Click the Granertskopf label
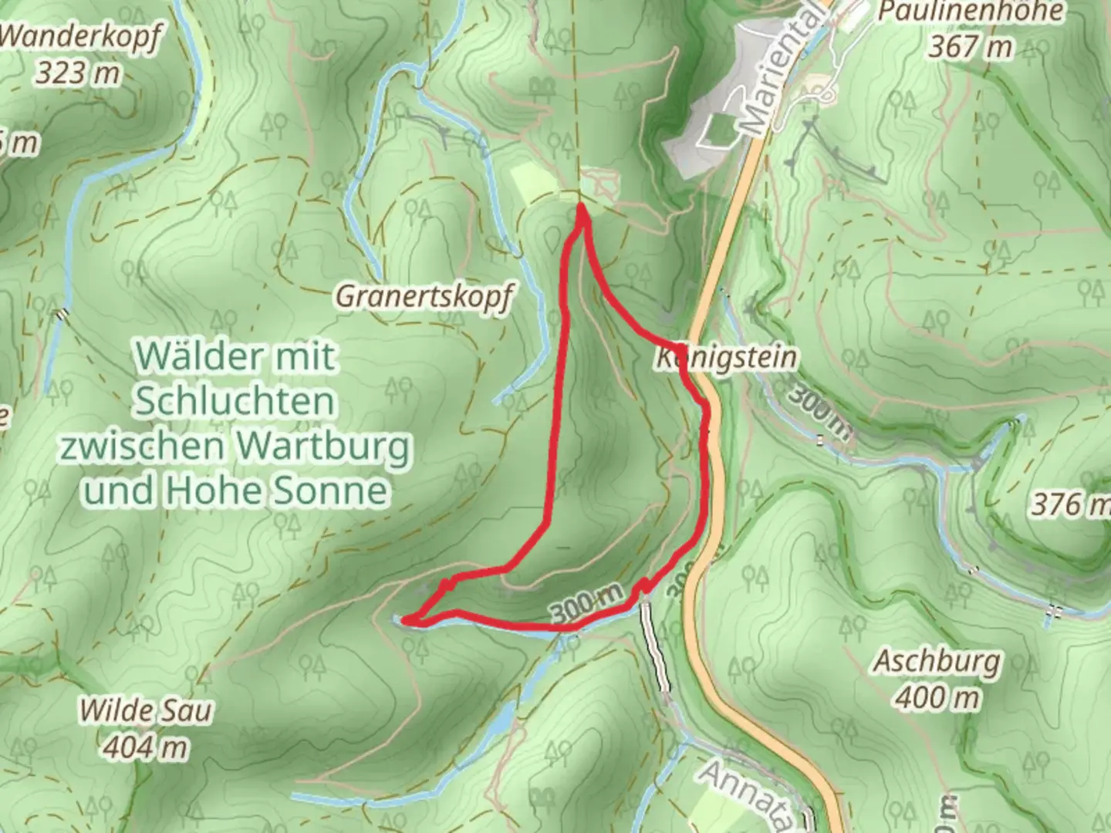[424, 296]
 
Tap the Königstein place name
[726, 358]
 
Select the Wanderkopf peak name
[80, 37]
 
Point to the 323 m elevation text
[78, 73]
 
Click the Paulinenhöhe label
[970, 12]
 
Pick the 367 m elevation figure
[970, 47]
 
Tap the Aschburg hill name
[937, 662]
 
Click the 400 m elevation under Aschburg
[937, 698]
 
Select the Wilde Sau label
[146, 710]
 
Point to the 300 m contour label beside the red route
[586, 602]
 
